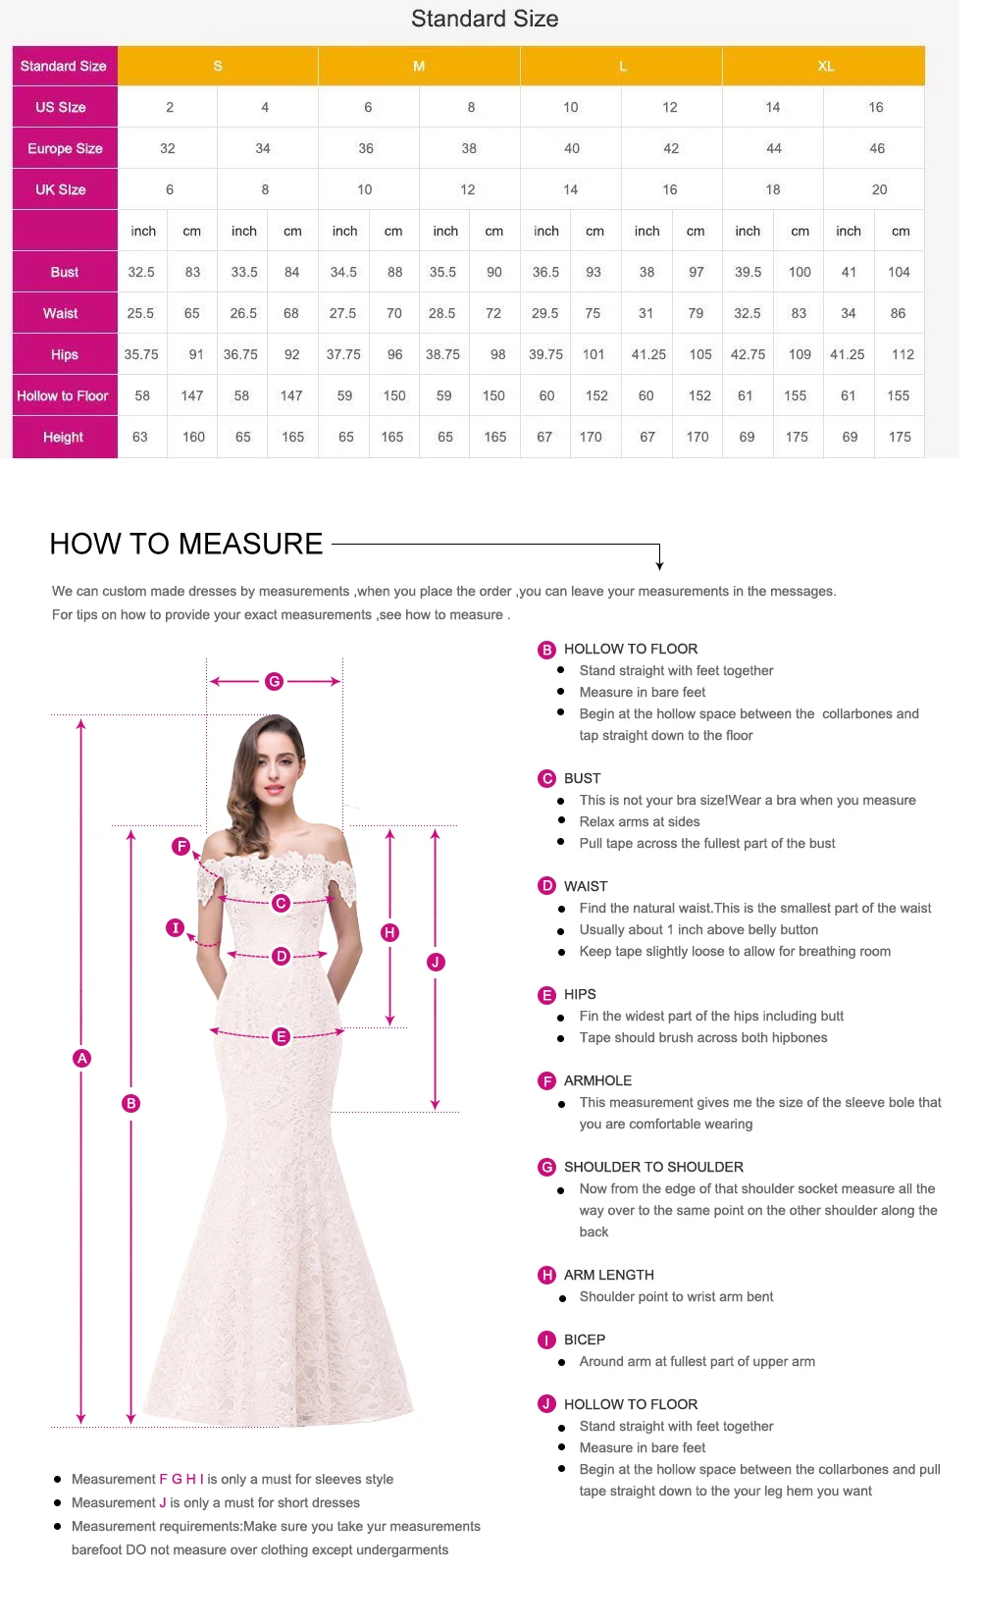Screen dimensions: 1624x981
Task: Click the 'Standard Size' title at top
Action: (485, 19)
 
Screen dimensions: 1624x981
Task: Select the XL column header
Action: (825, 66)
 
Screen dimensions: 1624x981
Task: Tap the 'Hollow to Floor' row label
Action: (63, 395)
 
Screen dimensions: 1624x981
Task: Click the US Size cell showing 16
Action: (875, 107)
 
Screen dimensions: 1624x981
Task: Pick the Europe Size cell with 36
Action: (366, 148)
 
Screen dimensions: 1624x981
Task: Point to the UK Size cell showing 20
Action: (879, 189)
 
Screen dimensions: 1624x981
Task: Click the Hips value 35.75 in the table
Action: (141, 354)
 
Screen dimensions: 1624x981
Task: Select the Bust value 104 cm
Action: (899, 272)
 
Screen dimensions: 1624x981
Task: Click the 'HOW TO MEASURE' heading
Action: (186, 544)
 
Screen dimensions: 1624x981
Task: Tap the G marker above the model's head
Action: (274, 681)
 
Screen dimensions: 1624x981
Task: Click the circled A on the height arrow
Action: (82, 1058)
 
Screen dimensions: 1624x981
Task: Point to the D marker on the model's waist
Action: (282, 956)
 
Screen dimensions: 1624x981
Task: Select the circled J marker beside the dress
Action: (436, 962)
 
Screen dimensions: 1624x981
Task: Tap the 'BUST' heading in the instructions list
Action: (582, 778)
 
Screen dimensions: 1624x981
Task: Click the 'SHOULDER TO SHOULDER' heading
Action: (653, 1167)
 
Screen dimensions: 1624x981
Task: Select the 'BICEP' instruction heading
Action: (585, 1339)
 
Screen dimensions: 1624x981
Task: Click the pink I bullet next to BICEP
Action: (546, 1339)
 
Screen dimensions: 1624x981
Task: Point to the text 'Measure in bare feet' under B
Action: (643, 692)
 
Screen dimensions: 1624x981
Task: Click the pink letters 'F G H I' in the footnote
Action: (181, 1479)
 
